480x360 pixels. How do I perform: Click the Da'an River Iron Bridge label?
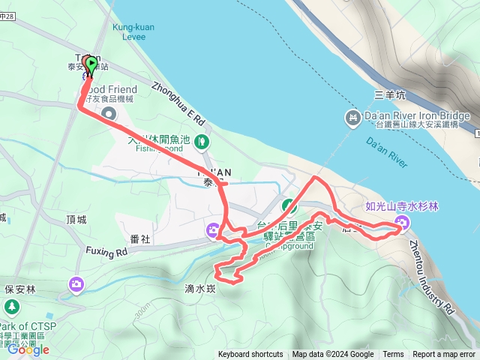pyautogui.click(x=416, y=116)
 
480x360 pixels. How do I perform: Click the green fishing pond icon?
pyautogui.click(x=202, y=140)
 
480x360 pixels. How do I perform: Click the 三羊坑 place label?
pyautogui.click(x=390, y=95)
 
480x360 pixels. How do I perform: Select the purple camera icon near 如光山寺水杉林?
pyautogui.click(x=403, y=222)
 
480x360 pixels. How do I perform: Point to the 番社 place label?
pyautogui.click(x=140, y=239)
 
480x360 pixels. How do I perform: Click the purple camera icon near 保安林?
pyautogui.click(x=76, y=283)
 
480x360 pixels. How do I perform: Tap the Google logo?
pyautogui.click(x=28, y=349)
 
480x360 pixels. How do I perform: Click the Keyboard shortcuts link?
pyautogui.click(x=250, y=355)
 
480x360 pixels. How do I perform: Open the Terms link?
pyautogui.click(x=393, y=355)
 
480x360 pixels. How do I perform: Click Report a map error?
pyautogui.click(x=444, y=355)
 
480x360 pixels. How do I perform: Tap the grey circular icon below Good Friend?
pyautogui.click(x=109, y=114)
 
